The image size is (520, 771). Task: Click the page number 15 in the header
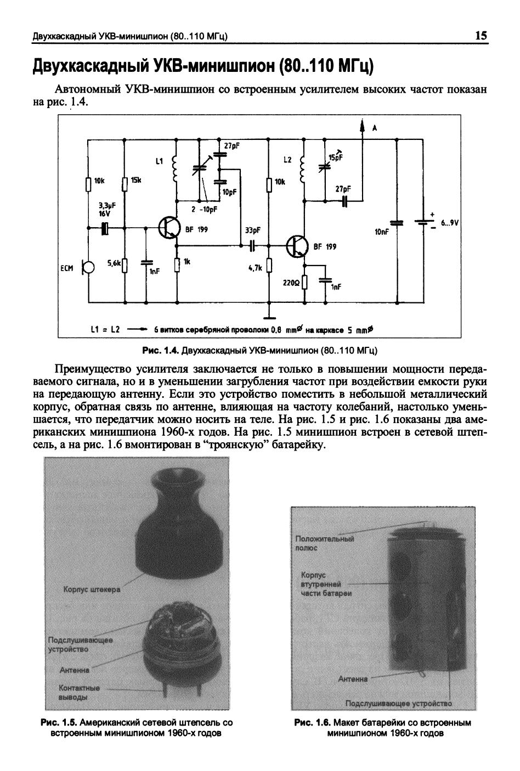coord(481,36)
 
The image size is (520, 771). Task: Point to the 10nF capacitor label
coord(381,232)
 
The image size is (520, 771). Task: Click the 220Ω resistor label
coord(291,283)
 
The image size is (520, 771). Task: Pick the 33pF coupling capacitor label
coord(253,230)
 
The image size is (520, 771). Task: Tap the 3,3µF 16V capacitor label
coord(101,210)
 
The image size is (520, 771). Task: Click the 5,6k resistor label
coord(114,264)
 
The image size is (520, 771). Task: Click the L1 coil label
coord(159,161)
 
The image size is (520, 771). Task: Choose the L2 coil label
coord(287,160)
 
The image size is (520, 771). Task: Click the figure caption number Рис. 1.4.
coord(160,350)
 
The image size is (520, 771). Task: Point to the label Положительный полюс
coord(324,543)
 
